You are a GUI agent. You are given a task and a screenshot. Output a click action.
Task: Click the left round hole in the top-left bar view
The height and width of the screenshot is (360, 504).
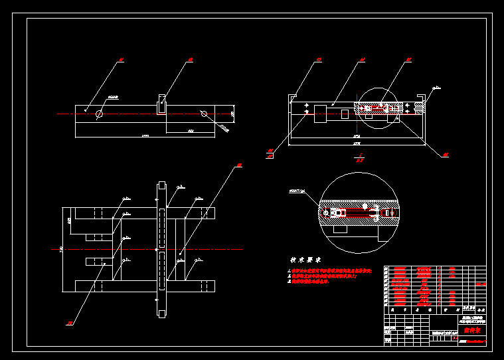click(100, 114)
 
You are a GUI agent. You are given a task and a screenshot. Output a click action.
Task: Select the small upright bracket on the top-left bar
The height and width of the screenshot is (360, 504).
click(161, 104)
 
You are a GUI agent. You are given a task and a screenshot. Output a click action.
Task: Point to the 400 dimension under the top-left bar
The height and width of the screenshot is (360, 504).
click(191, 132)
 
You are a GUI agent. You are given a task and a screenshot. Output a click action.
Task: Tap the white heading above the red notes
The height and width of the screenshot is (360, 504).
click(305, 260)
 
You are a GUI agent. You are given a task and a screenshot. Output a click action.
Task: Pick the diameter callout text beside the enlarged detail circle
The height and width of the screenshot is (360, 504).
click(297, 191)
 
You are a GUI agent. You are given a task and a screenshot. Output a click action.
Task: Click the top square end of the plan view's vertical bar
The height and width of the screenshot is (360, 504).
click(161, 186)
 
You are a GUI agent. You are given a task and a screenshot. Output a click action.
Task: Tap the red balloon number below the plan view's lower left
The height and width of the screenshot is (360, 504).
click(69, 323)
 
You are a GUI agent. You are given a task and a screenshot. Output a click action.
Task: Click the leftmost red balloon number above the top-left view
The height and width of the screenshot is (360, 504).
click(121, 60)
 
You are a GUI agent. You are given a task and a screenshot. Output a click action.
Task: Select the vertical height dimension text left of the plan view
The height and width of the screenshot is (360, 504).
click(61, 249)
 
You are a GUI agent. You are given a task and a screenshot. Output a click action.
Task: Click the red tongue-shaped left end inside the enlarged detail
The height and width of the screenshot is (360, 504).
click(339, 213)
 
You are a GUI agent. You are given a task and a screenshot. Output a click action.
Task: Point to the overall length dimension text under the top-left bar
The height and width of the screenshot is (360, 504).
click(145, 136)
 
